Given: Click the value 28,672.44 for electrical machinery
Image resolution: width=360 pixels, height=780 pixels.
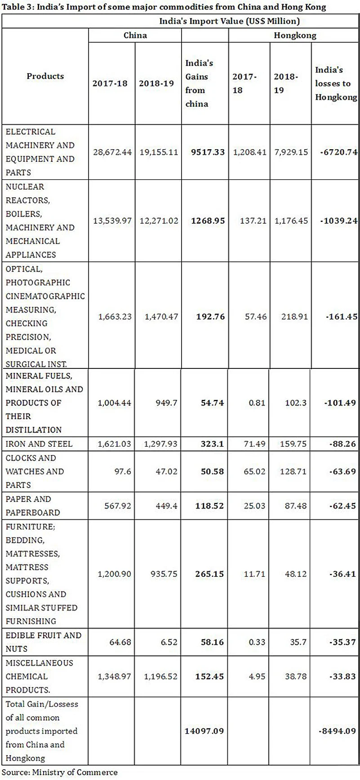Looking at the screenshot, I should pyautogui.click(x=112, y=152).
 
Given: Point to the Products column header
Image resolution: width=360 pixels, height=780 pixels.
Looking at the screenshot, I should pyautogui.click(x=45, y=76).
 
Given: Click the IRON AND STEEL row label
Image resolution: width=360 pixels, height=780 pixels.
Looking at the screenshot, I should pyautogui.click(x=39, y=444).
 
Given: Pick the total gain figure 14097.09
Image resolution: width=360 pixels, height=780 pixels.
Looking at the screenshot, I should pyautogui.click(x=204, y=731).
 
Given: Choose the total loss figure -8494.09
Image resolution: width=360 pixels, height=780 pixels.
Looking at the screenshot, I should pyautogui.click(x=337, y=731).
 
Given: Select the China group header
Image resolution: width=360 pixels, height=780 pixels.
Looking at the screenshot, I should pyautogui.click(x=135, y=35).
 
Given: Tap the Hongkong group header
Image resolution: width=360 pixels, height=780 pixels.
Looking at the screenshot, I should pyautogui.click(x=295, y=35).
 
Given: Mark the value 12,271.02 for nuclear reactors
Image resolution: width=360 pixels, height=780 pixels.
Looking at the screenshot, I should pyautogui.click(x=159, y=221).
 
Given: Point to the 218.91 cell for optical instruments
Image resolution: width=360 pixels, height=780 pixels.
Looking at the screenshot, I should pyautogui.click(x=295, y=317).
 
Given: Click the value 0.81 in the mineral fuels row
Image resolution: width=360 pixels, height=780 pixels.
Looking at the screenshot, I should pyautogui.click(x=257, y=403).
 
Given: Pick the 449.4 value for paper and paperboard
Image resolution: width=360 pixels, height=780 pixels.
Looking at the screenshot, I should pyautogui.click(x=166, y=506).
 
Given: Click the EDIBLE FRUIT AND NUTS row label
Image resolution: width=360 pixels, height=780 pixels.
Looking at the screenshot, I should pyautogui.click(x=43, y=642).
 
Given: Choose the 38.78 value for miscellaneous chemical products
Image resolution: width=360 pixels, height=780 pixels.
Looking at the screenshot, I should pyautogui.click(x=295, y=677).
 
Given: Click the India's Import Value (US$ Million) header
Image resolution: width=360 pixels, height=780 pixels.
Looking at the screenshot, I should pyautogui.click(x=229, y=21).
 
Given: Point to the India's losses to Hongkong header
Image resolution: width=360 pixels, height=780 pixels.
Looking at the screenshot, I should pyautogui.click(x=336, y=84).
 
